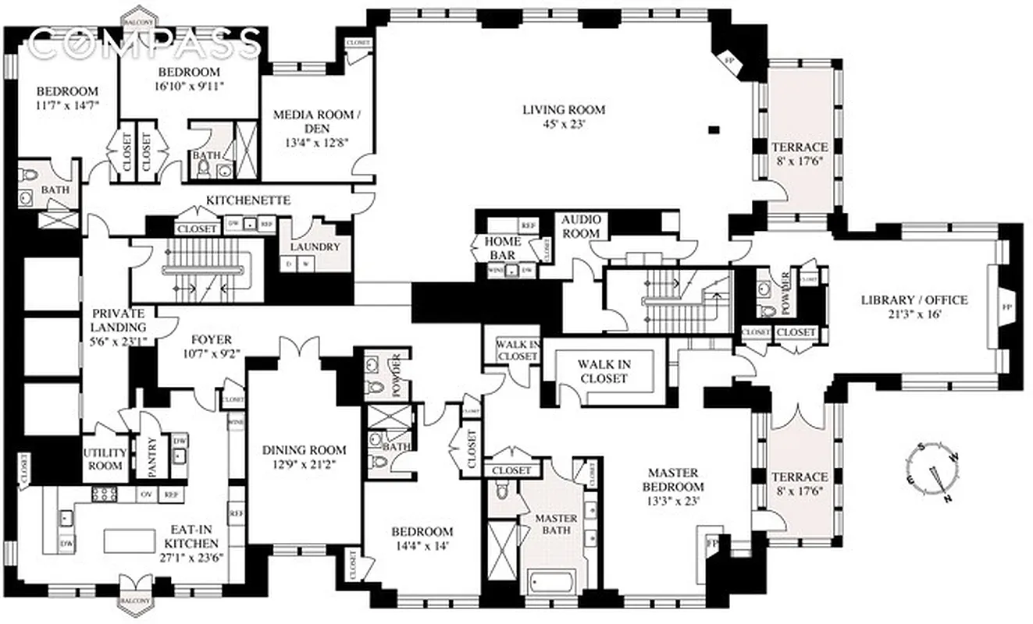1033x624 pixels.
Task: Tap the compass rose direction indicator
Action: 933,471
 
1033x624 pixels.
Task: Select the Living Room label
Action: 564,110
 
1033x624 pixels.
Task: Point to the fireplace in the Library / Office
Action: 1006,307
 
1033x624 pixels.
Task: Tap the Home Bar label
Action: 504,248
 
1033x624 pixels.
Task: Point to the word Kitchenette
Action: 248,200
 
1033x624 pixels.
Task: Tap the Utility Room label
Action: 104,459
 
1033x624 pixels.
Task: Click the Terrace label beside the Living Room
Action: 799,147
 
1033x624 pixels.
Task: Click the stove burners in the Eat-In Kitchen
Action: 105,494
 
